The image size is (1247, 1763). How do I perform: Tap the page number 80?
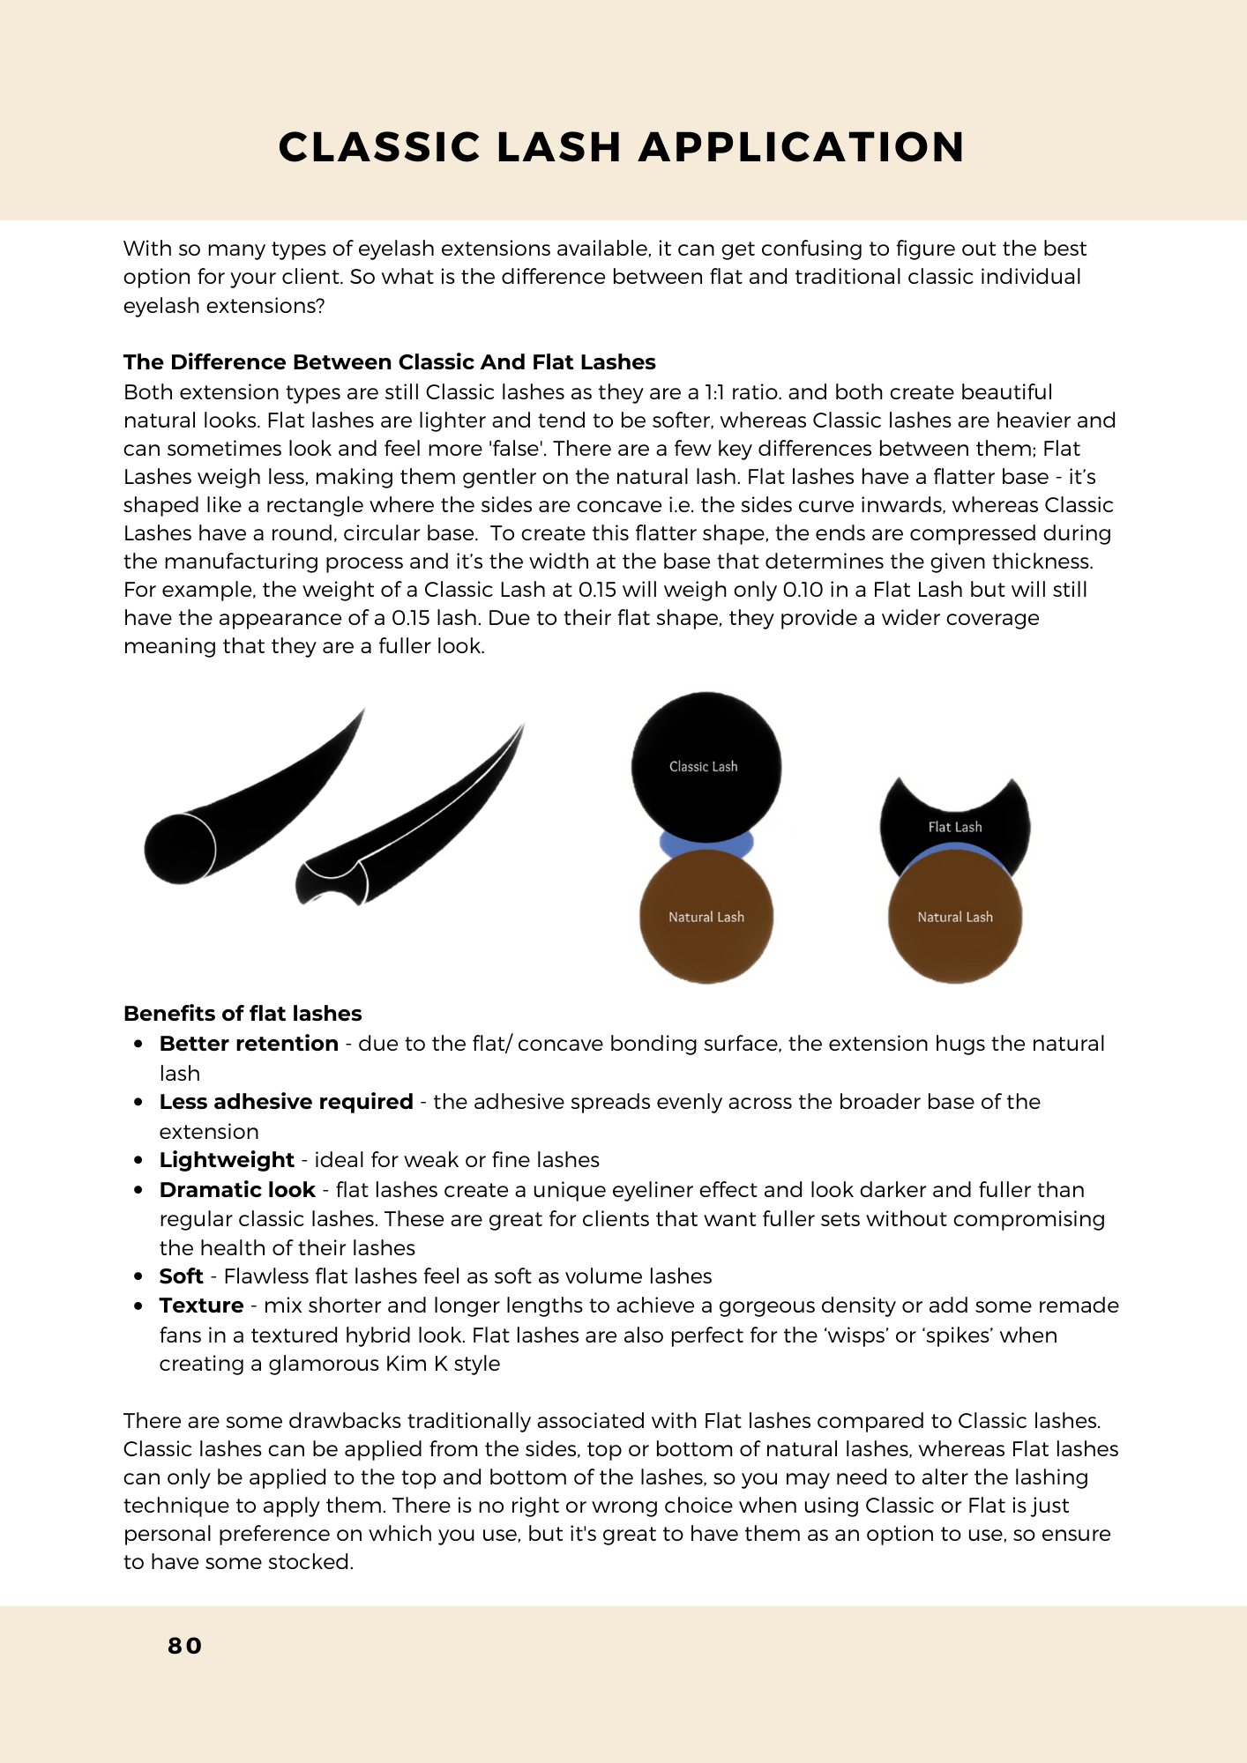(185, 1646)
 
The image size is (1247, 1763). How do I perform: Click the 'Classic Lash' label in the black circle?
(703, 767)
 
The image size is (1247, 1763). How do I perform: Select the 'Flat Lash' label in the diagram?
(954, 827)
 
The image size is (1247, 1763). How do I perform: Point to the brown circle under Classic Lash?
(706, 918)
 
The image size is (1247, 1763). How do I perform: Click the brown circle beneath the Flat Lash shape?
(954, 918)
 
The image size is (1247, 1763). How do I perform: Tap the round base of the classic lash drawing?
(180, 848)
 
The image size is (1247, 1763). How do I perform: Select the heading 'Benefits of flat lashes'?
(243, 1014)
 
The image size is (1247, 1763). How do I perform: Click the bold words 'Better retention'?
(249, 1044)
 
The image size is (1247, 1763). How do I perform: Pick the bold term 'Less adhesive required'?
(286, 1102)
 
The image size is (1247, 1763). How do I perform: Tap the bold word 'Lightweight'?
(227, 1160)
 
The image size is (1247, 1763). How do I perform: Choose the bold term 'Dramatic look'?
(237, 1190)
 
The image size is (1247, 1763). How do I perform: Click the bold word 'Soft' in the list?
(181, 1276)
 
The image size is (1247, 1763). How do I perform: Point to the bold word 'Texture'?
(201, 1306)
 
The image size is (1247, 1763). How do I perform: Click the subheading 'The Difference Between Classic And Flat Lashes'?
(389, 362)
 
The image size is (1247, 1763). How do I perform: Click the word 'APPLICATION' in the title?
(802, 147)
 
